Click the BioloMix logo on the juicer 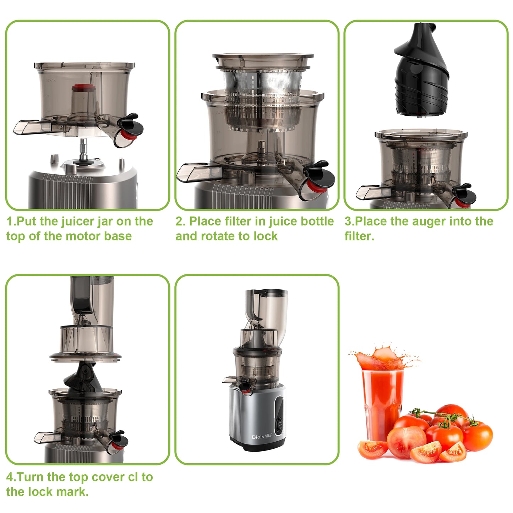(261, 437)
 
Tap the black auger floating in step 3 (421, 71)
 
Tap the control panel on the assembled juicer (279, 414)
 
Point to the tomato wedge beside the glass (372, 449)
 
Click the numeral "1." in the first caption (11, 221)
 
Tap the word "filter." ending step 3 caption (359, 236)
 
